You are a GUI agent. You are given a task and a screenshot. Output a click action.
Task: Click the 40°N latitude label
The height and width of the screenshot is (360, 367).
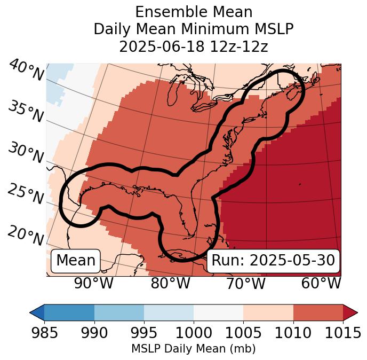pos(26,71)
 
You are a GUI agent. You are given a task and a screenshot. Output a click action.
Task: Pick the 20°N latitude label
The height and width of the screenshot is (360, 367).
pos(26,235)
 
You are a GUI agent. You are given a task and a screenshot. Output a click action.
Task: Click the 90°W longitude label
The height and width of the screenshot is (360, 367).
pos(93,283)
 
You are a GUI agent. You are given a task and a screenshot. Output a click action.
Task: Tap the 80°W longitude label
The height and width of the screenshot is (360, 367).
pos(170,283)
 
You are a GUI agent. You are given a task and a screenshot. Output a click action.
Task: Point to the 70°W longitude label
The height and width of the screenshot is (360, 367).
pos(245,283)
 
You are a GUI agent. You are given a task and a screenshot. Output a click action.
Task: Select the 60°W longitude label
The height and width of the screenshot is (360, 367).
pos(321,283)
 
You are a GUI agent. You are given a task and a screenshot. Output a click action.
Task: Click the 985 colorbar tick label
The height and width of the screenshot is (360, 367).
pos(44,333)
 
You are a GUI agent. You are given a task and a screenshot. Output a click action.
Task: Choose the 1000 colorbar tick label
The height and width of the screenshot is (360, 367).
pos(194,333)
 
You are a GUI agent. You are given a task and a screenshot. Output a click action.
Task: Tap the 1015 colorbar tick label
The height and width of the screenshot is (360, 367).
pos(343,333)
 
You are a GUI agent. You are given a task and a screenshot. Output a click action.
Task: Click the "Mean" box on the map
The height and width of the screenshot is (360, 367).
pos(76,261)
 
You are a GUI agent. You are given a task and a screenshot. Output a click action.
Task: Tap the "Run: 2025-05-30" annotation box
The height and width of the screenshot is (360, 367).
pos(273,261)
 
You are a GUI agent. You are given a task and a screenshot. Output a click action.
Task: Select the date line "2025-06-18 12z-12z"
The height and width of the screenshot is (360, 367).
pos(194,47)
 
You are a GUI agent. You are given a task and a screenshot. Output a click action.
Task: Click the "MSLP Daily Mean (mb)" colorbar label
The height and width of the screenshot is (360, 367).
pos(194,349)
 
